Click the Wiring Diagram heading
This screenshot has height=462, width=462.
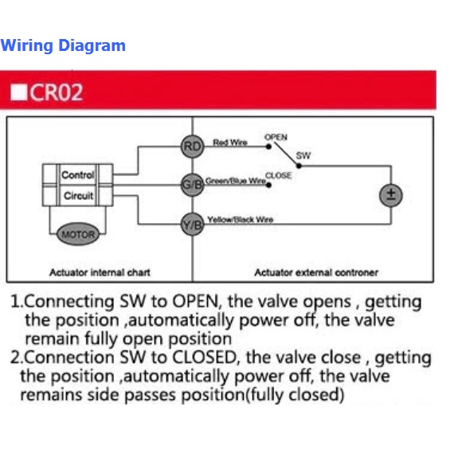(63, 45)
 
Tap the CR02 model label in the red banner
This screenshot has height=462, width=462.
(56, 92)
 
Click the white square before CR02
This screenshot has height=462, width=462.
(18, 92)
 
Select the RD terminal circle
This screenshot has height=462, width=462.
(193, 147)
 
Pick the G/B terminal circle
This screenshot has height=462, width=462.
(193, 185)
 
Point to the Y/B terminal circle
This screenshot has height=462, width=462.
(193, 225)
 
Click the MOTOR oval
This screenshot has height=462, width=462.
(78, 234)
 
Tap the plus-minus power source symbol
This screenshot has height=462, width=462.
(391, 195)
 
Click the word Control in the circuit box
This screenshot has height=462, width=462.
(78, 175)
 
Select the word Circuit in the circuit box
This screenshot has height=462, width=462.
(78, 196)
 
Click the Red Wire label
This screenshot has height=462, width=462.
(230, 143)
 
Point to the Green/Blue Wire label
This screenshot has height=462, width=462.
(236, 181)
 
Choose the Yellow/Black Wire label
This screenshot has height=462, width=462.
(240, 220)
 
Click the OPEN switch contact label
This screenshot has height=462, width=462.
(276, 137)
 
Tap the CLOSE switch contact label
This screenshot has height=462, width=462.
(279, 175)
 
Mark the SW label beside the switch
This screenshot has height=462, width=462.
(303, 155)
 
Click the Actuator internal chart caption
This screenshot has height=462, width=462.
(100, 272)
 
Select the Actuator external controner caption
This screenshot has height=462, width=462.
(316, 272)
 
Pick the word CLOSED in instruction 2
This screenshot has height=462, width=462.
(204, 358)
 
